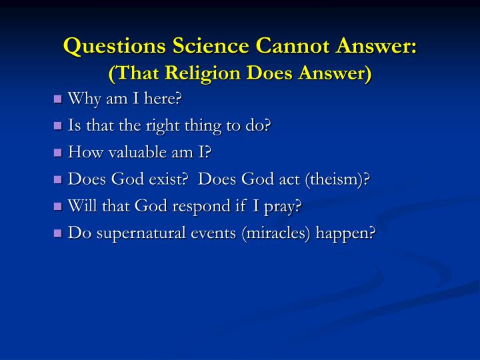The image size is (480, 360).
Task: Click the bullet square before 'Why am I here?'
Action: coord(57,99)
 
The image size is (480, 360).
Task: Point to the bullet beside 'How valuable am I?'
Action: coord(57,153)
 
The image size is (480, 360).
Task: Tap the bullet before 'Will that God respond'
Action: coord(57,207)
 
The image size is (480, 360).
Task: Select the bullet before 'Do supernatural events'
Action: coord(57,233)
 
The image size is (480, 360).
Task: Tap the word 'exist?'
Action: coord(164,180)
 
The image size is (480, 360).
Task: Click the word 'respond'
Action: coord(199,207)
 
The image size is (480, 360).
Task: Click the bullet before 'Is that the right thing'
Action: coord(57,126)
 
